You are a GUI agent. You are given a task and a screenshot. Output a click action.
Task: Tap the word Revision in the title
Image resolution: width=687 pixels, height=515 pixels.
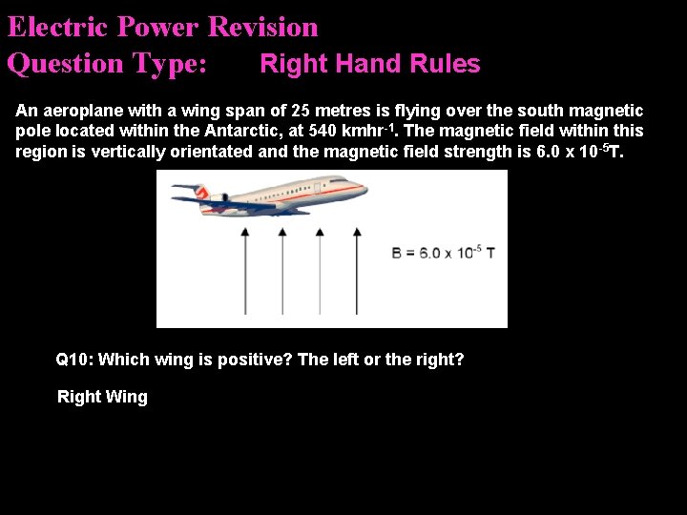click(262, 27)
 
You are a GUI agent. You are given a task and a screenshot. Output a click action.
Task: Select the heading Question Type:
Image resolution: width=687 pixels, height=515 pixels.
click(107, 64)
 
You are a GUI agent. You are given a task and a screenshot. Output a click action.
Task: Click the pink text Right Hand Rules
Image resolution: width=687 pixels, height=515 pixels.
click(370, 64)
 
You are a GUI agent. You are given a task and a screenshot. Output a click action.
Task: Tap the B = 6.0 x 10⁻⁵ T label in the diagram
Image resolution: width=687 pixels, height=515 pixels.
click(443, 253)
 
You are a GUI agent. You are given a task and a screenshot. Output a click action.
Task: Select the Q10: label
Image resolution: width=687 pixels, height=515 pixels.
click(74, 360)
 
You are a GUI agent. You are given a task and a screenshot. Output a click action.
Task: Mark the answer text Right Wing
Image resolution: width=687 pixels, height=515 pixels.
click(103, 397)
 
